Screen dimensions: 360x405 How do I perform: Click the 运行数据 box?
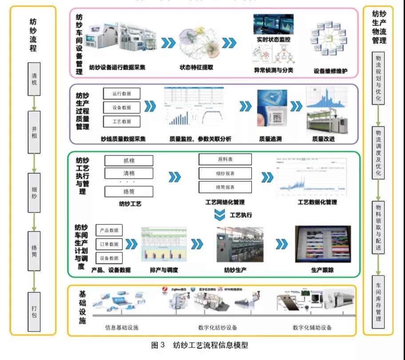click(122, 93)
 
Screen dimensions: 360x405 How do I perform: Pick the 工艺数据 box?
click(122, 121)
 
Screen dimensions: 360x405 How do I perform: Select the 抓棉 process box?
click(129, 160)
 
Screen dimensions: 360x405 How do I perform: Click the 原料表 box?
click(225, 159)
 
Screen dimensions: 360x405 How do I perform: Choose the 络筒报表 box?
click(225, 187)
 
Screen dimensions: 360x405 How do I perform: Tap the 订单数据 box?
click(109, 244)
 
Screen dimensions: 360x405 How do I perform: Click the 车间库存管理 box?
click(378, 300)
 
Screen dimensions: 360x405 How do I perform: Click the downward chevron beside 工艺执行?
click(220, 215)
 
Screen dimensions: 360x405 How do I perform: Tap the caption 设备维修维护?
click(330, 71)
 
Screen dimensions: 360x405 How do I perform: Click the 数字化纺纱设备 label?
click(218, 328)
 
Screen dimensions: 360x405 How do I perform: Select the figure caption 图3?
click(158, 345)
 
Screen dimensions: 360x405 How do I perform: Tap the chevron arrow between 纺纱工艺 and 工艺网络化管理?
click(175, 177)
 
